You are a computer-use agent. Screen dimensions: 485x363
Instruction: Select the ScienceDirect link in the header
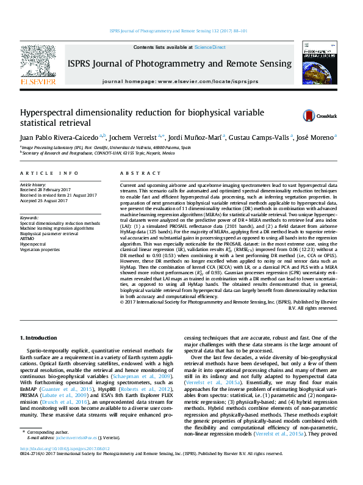[x=210, y=47]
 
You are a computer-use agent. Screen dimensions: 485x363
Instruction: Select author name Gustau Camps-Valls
[x=264, y=137]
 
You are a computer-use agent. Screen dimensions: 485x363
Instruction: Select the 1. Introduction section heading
[x=39, y=337]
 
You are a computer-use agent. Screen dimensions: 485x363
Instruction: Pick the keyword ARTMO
[x=28, y=238]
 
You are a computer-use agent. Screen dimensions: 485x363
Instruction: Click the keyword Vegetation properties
[x=40, y=249]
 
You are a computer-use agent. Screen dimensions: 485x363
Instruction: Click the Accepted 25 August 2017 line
[x=45, y=200]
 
